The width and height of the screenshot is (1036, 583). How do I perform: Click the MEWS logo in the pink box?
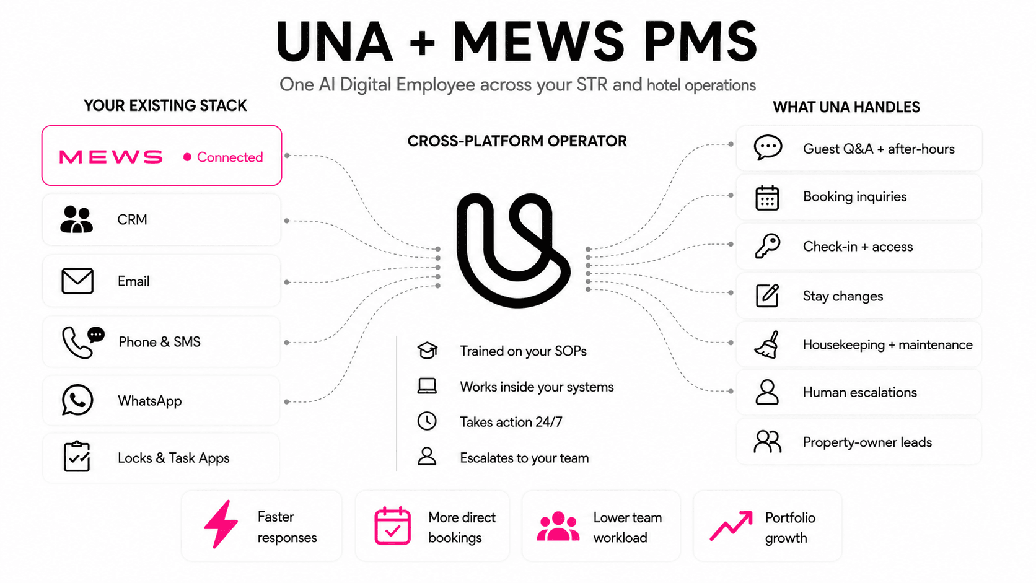[111, 157]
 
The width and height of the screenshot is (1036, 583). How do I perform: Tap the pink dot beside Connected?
[187, 157]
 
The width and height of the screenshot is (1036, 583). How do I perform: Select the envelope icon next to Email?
[77, 281]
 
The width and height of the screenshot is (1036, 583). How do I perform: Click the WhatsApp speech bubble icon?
[77, 400]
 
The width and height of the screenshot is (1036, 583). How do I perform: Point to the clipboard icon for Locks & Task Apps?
[77, 457]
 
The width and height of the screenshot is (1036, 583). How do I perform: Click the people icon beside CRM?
[76, 219]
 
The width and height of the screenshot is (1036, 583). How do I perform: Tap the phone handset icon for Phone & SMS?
[76, 343]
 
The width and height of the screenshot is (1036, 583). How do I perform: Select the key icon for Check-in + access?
[768, 246]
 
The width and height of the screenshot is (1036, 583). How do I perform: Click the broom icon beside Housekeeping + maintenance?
[767, 344]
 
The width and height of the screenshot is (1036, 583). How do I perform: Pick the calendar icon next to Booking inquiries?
[767, 198]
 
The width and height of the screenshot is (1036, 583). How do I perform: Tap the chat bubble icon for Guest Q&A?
[768, 148]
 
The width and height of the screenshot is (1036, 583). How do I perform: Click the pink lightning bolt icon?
[221, 524]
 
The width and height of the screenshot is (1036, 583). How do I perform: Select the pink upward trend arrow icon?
[731, 525]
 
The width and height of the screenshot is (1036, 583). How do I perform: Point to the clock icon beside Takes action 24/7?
[426, 421]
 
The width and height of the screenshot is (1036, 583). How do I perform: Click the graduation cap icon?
[427, 351]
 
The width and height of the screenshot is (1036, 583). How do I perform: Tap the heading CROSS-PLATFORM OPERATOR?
[517, 141]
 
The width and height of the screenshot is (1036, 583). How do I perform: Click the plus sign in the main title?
[422, 43]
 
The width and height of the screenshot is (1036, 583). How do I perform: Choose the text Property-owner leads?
[867, 442]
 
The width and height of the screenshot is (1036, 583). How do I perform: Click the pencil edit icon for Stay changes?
[767, 296]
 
